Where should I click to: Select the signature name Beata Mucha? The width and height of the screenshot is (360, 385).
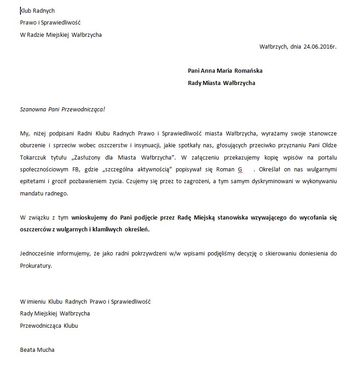coord(37,350)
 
